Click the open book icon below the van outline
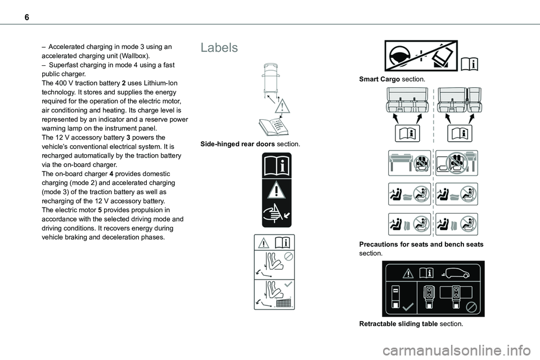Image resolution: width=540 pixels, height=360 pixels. pos(273,126)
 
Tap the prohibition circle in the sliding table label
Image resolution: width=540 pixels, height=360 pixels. pos(473,307)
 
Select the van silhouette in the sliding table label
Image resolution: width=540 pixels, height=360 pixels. pos(459,274)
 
